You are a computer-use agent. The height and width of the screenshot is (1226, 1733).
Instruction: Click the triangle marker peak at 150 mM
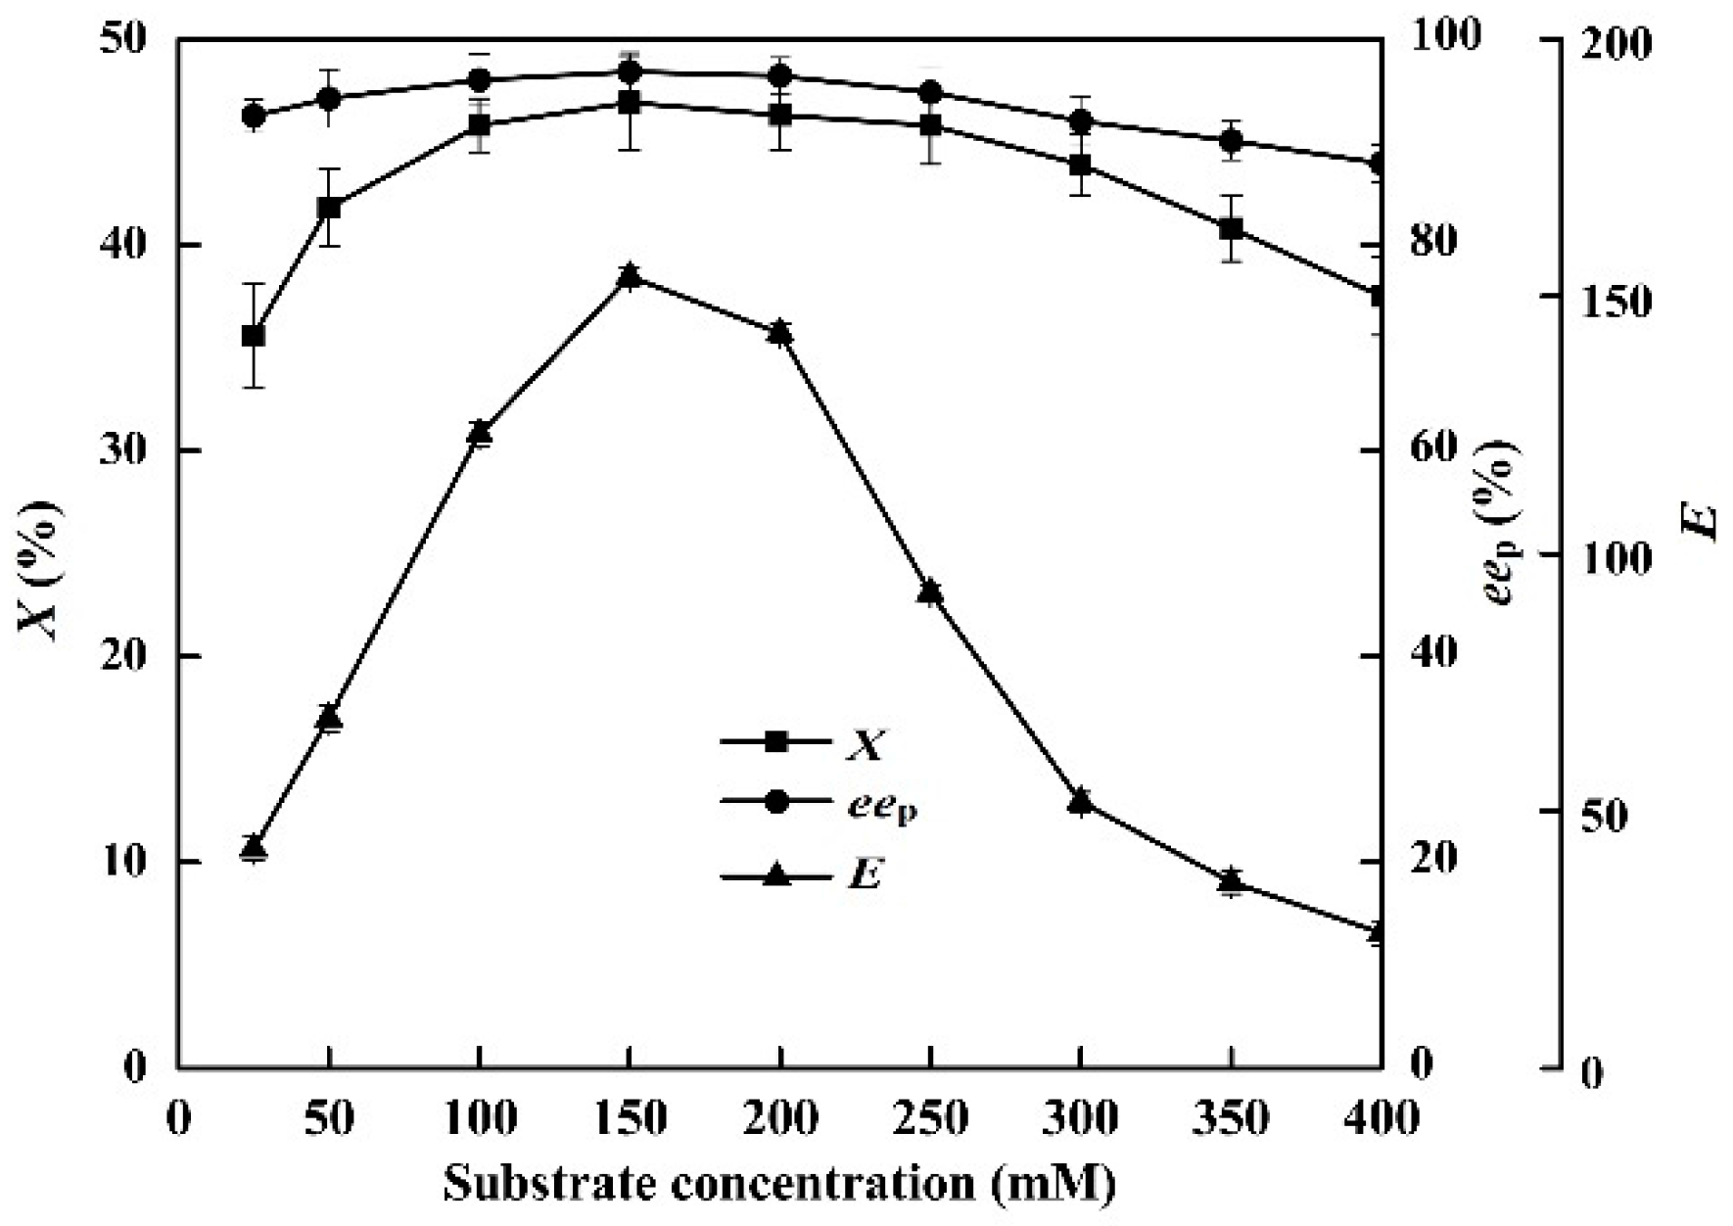[x=630, y=276]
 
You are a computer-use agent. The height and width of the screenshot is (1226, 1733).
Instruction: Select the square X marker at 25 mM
[x=254, y=336]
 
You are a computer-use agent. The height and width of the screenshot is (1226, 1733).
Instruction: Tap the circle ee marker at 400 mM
[x=1379, y=164]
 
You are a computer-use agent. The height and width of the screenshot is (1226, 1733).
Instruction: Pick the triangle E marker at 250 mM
[x=930, y=591]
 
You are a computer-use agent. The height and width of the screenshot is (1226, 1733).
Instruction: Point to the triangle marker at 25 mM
[x=254, y=846]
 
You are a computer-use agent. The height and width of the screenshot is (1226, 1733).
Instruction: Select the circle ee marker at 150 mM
[x=630, y=71]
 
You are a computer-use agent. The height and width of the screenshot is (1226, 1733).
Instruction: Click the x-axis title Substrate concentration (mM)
[x=779, y=1182]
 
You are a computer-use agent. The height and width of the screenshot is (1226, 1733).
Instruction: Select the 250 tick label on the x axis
[x=930, y=1116]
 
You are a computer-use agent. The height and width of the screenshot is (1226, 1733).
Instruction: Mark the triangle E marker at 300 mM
[x=1080, y=802]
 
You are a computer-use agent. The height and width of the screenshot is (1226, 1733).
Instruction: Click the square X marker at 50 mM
[x=329, y=208]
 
